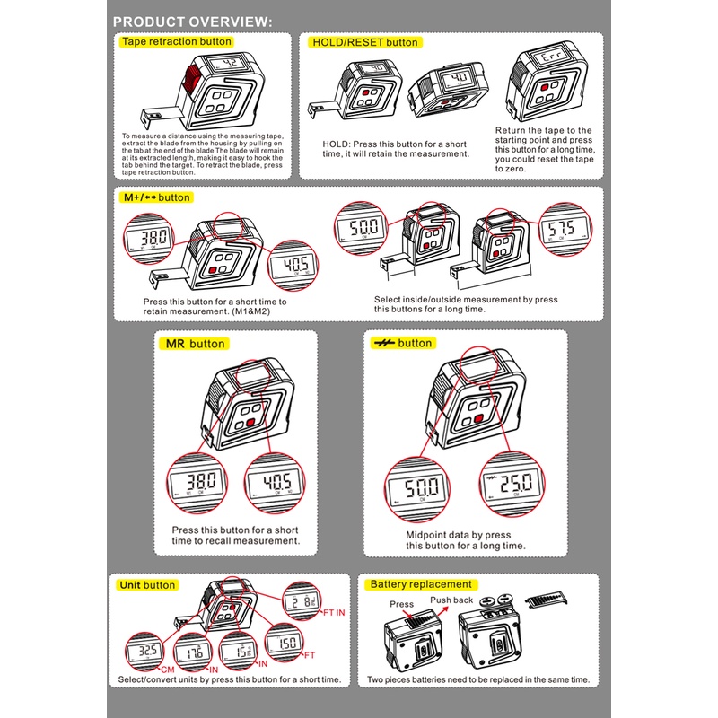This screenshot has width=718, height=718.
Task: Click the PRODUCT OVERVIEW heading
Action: click(x=193, y=22)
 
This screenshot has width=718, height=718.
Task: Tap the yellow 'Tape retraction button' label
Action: click(x=176, y=42)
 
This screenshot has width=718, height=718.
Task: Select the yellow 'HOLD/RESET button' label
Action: click(x=364, y=42)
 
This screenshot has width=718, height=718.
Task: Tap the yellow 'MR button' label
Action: click(x=196, y=344)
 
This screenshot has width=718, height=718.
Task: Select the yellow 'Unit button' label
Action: click(x=147, y=585)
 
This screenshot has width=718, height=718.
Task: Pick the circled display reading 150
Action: click(x=288, y=643)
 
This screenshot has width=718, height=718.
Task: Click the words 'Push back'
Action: click(x=451, y=600)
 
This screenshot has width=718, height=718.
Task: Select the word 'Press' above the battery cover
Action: click(x=401, y=604)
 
